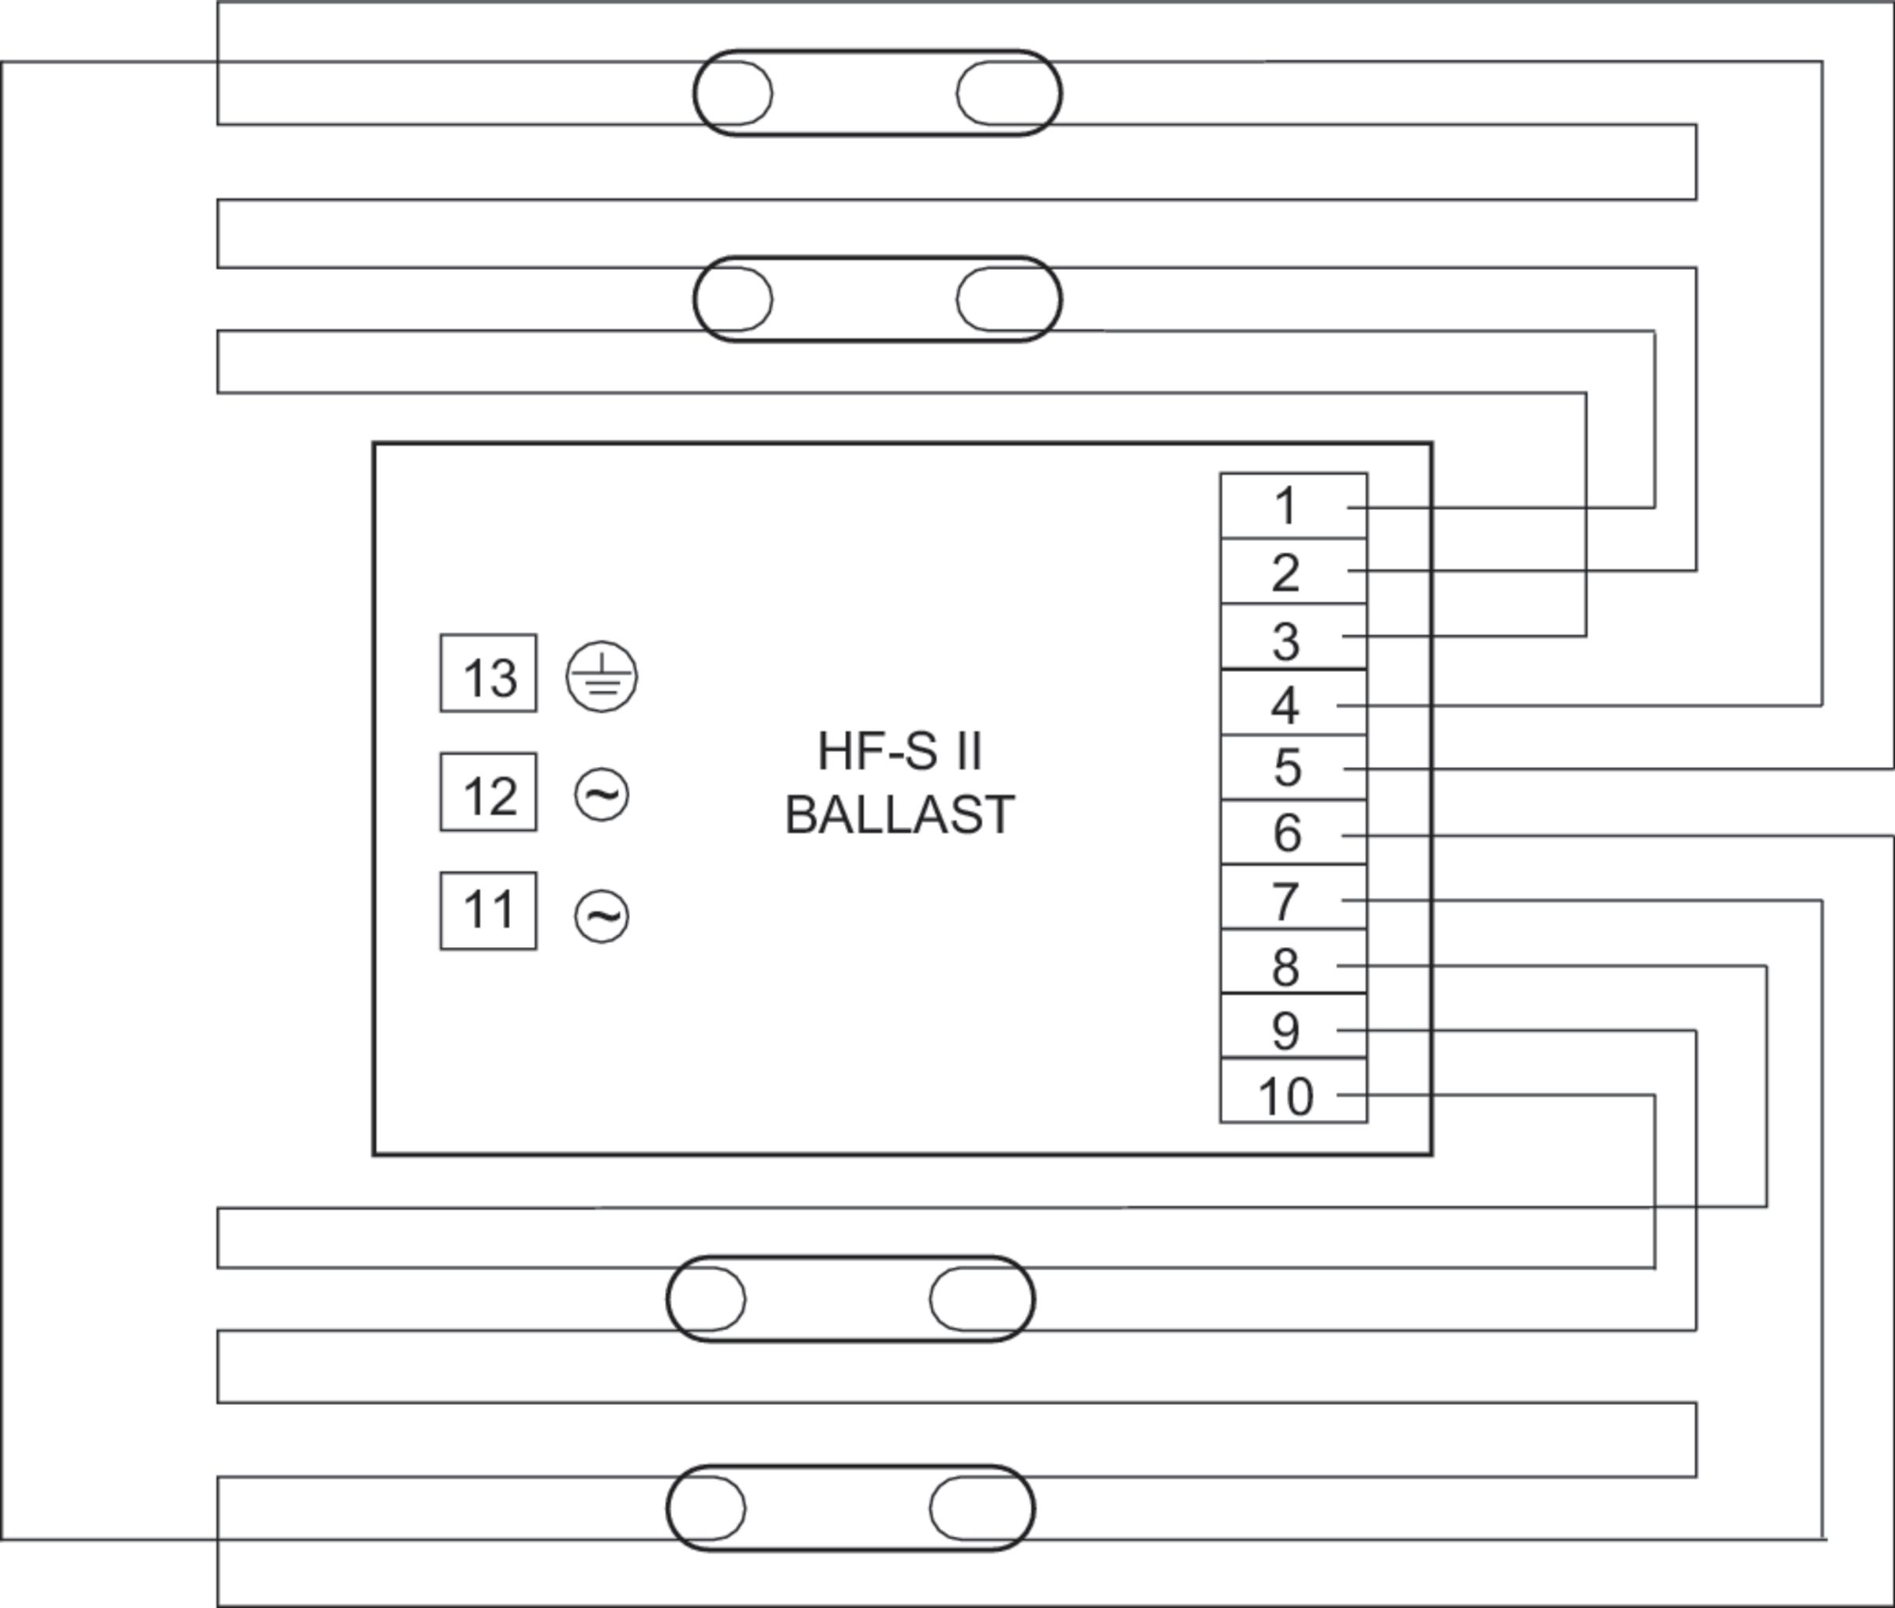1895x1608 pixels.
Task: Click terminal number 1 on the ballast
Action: click(x=1293, y=506)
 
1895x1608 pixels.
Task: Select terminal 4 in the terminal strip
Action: click(x=1293, y=702)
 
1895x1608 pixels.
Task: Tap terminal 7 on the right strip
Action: click(x=1293, y=897)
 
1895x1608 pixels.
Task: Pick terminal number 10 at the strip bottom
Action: click(x=1293, y=1090)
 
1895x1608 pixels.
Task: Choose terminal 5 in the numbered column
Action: click(x=1293, y=768)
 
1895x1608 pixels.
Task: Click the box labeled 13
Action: click(x=489, y=674)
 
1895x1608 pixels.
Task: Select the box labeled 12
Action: click(x=489, y=792)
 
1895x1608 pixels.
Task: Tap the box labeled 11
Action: click(x=489, y=911)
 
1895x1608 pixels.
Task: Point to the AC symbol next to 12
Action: click(x=602, y=795)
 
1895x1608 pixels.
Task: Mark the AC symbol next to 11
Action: click(x=602, y=915)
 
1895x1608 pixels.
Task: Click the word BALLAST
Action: click(x=899, y=815)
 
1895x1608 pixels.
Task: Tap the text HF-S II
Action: click(x=899, y=752)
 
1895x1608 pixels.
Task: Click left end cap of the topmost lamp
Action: click(x=734, y=93)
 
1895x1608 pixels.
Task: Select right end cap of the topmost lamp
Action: click(x=1008, y=93)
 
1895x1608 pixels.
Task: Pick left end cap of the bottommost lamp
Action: click(x=707, y=1508)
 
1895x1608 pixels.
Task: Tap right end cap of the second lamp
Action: click(x=1008, y=299)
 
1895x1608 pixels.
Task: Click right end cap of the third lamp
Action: click(x=981, y=1299)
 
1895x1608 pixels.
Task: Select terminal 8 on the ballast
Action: click(x=1293, y=962)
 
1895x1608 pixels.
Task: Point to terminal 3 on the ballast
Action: click(x=1293, y=637)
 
